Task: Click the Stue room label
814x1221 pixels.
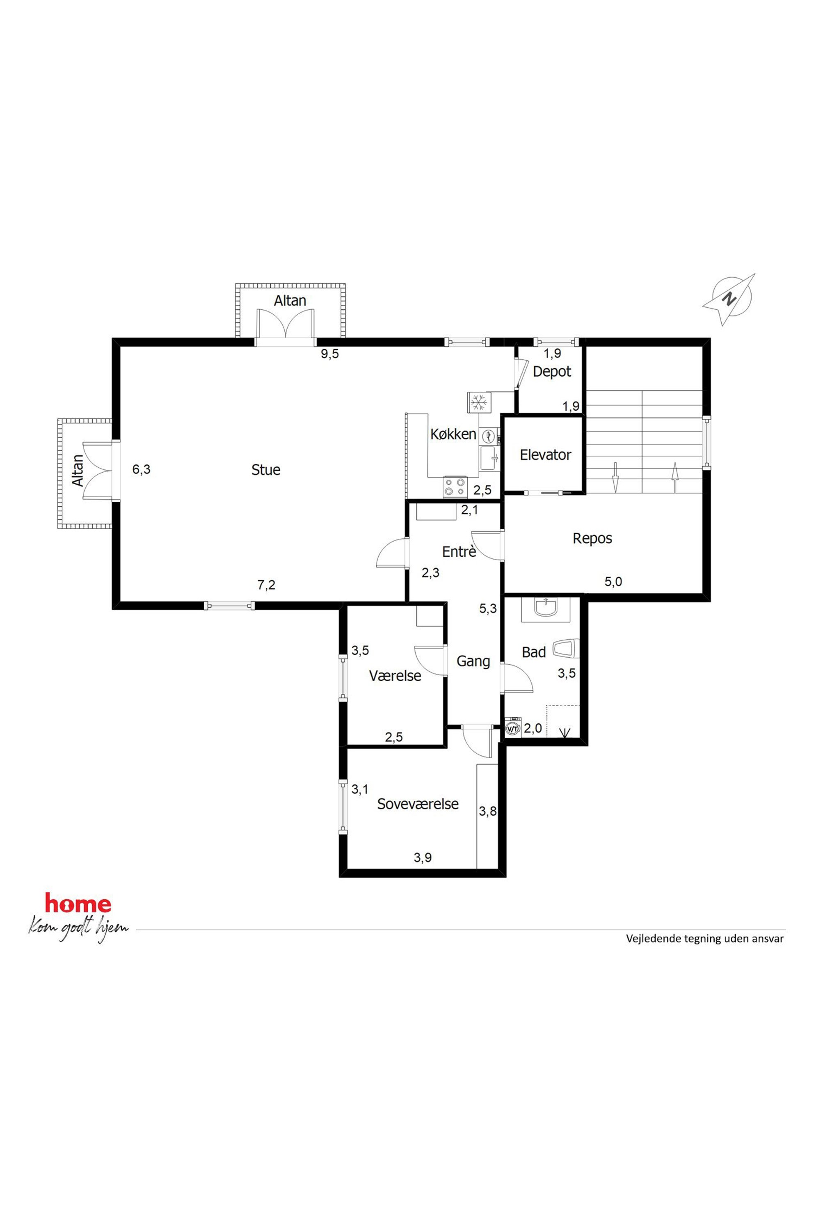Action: [266, 470]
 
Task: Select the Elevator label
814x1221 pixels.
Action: [546, 455]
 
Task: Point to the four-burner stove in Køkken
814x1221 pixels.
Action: [455, 487]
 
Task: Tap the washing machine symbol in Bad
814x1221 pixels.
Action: [512, 728]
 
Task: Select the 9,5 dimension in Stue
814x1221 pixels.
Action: [329, 354]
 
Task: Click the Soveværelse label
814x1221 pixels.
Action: [418, 804]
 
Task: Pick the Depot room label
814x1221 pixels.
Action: [552, 372]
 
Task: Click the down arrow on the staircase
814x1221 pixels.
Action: [616, 477]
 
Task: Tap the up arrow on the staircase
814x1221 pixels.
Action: [675, 477]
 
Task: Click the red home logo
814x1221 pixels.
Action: [78, 904]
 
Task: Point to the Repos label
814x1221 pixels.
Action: [592, 538]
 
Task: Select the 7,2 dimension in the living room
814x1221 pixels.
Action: [266, 585]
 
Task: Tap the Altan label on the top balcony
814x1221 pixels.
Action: [290, 301]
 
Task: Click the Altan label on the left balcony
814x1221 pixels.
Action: [78, 470]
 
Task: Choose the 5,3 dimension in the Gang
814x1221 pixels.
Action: [488, 608]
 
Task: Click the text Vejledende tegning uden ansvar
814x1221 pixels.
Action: [705, 939]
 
